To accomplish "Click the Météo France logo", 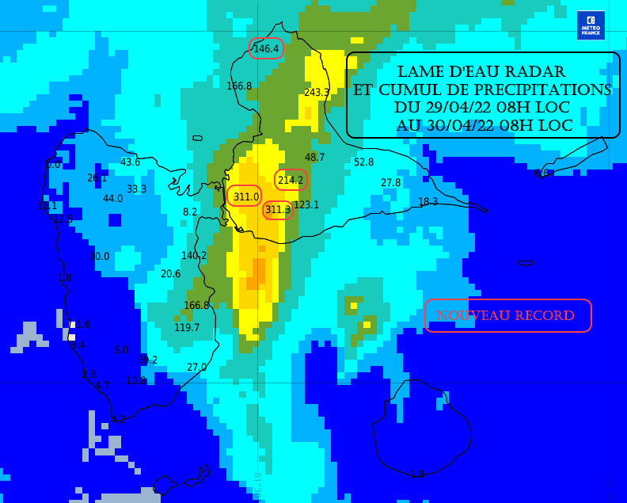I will (591, 25).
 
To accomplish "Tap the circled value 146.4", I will (266, 49).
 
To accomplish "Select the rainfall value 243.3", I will (317, 93).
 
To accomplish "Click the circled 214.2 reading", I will (291, 181).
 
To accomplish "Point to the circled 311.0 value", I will (245, 196).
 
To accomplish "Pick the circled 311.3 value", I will (278, 210).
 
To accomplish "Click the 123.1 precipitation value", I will (306, 205).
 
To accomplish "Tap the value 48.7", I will (315, 158).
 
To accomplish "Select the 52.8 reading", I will (363, 162).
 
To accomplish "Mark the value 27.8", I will (391, 183).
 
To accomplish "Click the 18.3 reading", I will (428, 202).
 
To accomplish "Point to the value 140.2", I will (194, 256).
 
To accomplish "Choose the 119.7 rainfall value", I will (187, 328).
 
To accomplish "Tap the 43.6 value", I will (130, 162).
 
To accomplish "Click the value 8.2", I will (190, 212).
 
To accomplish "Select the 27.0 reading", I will (196, 368).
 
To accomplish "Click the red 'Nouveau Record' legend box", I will (507, 315).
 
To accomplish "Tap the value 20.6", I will (170, 274).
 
